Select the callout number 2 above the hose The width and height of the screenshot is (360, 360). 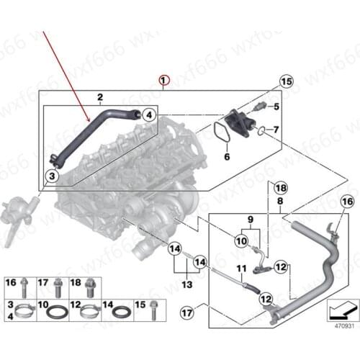click(x=100, y=96)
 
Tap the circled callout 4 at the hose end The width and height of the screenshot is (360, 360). click(x=147, y=114)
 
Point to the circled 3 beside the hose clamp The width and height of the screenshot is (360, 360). click(x=52, y=175)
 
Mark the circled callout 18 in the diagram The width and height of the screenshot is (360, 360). click(x=281, y=187)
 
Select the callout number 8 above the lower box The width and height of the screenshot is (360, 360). click(x=279, y=204)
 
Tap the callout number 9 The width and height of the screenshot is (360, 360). click(x=250, y=219)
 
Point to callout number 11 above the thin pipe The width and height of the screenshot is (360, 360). click(x=242, y=269)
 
